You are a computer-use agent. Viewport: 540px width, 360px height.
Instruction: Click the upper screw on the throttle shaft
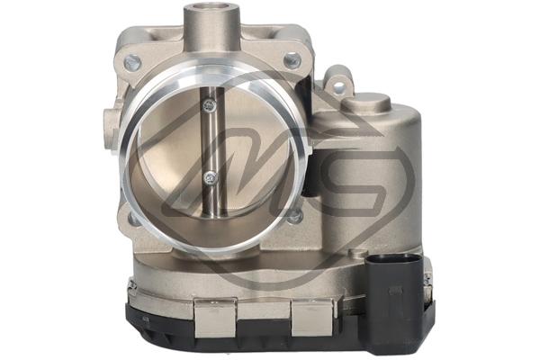pos(209,105)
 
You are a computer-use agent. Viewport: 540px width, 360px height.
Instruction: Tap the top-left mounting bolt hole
pos(133,63)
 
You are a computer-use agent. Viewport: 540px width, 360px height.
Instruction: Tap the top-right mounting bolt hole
pos(291,61)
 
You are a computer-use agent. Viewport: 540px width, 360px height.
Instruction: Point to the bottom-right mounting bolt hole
pos(293,216)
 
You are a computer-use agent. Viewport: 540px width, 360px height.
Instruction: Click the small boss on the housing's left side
pos(111,120)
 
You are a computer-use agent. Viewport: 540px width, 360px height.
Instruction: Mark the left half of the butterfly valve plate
pos(171,153)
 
